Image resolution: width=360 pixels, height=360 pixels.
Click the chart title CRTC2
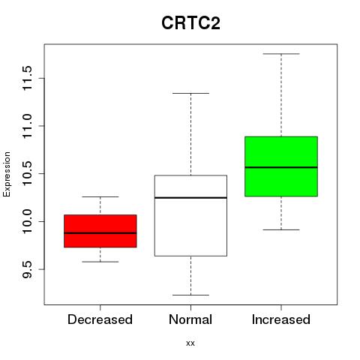pos(190,23)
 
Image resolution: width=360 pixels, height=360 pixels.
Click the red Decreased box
pos(100,231)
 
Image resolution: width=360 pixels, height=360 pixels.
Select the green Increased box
pos(281,166)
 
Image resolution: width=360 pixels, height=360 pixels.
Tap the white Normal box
pos(190,216)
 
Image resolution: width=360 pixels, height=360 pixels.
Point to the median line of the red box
pos(100,233)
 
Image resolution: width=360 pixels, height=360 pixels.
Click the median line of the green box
pos(281,167)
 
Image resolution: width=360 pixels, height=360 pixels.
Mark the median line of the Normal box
pos(190,198)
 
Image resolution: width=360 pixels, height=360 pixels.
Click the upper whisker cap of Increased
pos(281,54)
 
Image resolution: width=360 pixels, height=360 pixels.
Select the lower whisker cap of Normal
pos(190,295)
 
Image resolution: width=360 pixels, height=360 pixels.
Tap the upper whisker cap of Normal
pos(190,93)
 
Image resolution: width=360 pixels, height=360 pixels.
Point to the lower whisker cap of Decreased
pos(100,262)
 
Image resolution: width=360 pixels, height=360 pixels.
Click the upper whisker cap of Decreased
pos(100,196)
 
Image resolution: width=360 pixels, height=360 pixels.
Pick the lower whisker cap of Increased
pos(281,229)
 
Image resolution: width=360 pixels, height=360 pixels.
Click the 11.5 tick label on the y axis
pos(27,78)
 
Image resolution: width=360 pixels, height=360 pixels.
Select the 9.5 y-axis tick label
pos(27,269)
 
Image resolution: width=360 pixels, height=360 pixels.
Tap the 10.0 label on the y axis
pos(27,221)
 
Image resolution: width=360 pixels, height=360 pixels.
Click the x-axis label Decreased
pos(100,319)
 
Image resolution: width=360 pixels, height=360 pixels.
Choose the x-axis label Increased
pos(281,319)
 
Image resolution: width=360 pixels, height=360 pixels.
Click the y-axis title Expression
pos(7,174)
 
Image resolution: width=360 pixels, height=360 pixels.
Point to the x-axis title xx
pos(190,343)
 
